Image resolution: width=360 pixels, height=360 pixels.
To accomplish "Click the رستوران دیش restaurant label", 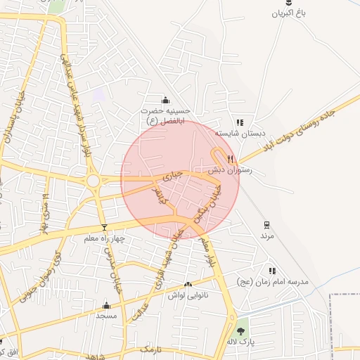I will (x=225, y=170).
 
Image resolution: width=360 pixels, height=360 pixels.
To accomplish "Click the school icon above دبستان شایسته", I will (x=240, y=122).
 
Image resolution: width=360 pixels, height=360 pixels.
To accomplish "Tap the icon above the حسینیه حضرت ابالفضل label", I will (x=165, y=99).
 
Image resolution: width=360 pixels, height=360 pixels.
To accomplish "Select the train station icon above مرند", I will (x=266, y=225).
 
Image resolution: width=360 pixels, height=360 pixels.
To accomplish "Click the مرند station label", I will (x=266, y=236).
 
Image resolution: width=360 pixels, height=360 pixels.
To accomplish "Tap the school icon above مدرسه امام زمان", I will (x=271, y=271).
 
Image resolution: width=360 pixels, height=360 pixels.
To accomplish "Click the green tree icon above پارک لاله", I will (x=242, y=330).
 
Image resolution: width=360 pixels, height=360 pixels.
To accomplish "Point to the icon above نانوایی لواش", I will (x=188, y=285).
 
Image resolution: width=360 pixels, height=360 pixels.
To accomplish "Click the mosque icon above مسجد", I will (x=106, y=305).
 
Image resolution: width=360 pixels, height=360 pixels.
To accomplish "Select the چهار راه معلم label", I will (x=103, y=238).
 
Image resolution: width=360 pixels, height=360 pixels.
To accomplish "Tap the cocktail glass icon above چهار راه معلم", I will (x=105, y=227).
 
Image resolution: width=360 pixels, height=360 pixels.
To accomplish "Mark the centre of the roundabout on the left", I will (x=93, y=181).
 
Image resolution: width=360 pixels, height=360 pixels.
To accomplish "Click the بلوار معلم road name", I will (x=206, y=253).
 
